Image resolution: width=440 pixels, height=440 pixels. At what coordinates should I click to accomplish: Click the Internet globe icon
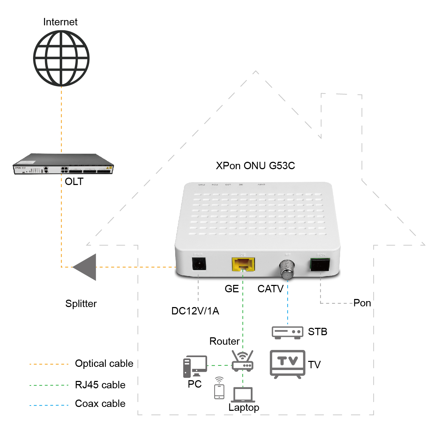[x=61, y=58]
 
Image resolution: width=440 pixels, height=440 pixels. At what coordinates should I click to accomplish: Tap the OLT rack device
[x=63, y=164]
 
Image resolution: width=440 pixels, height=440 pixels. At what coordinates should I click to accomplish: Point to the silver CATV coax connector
[x=287, y=269]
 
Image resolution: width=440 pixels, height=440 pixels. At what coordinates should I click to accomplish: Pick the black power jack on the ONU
[x=199, y=264]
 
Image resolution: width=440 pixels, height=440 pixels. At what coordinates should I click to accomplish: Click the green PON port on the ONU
[x=320, y=264]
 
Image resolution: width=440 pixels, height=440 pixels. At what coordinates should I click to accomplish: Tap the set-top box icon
[x=287, y=332]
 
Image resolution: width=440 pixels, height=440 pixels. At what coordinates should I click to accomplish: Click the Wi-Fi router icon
[x=242, y=361]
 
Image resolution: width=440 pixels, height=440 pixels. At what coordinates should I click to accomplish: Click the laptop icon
[x=243, y=395]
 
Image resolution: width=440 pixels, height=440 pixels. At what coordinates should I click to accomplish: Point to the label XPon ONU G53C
[x=255, y=166]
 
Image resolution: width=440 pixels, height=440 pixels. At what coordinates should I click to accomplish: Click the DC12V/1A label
[x=195, y=311]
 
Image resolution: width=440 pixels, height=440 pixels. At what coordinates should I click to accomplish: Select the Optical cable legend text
[x=104, y=364]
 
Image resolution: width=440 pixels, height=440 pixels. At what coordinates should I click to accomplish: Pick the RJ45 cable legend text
[x=100, y=385]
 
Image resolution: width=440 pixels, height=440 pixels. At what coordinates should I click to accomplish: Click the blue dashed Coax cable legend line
[x=49, y=405]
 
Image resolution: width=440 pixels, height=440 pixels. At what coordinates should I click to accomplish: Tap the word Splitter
[x=81, y=304]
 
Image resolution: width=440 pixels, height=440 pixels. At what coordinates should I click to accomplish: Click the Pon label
[x=362, y=303]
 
